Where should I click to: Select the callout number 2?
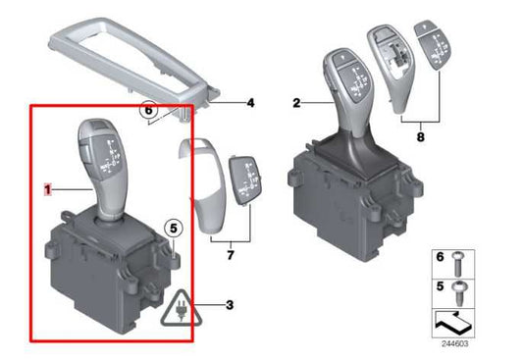click(295, 101)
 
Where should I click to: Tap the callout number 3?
click(229, 304)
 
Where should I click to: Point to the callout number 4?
click(249, 102)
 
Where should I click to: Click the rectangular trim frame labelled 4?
click(128, 69)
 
